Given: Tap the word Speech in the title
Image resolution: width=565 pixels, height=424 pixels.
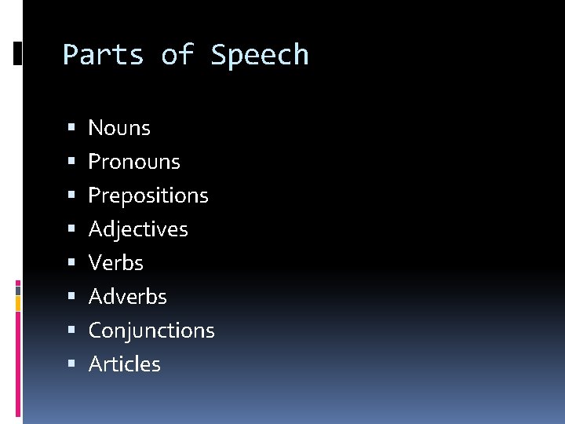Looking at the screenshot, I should tap(260, 56).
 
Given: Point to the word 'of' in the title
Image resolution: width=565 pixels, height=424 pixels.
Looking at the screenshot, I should tap(177, 55).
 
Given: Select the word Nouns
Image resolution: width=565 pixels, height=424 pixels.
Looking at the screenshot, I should tap(119, 127).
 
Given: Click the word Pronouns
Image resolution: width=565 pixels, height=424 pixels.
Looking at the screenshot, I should tap(134, 162).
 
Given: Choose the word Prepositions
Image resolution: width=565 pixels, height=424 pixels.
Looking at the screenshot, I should tap(148, 196).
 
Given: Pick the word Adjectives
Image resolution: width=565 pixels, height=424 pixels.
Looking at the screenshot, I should tap(138, 229).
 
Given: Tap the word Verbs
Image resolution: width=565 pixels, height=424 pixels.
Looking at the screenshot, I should tap(116, 263).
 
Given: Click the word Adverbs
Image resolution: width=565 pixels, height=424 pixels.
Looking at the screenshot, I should tap(128, 297).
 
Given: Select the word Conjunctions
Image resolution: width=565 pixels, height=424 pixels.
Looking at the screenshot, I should tap(151, 331).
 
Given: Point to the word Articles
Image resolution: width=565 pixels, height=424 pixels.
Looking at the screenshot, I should tap(125, 364).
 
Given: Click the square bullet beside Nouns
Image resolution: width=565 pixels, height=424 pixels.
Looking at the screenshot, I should tap(71, 127).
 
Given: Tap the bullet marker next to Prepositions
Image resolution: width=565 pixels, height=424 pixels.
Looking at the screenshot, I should tap(71, 196).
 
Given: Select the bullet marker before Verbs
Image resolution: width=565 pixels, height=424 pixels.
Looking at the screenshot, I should tap(71, 263).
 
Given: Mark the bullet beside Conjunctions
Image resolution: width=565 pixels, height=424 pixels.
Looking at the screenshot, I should tap(71, 331).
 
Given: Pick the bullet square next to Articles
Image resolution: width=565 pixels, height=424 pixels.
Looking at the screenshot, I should tap(71, 364).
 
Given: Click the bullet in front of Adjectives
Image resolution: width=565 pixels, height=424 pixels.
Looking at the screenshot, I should tap(71, 229).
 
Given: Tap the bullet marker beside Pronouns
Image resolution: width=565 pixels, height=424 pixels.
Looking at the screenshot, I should tap(71, 162).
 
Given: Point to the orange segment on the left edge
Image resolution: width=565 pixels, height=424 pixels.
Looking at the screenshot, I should tap(18, 303).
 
